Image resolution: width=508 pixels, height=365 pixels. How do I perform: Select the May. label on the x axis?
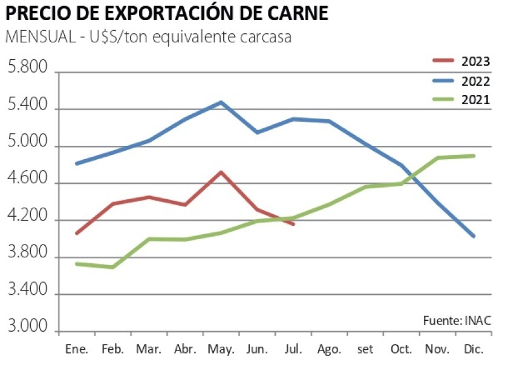[x=221, y=349]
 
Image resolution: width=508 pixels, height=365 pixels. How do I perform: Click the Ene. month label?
[x=76, y=349]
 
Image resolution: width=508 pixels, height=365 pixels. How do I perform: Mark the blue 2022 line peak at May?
[x=221, y=102]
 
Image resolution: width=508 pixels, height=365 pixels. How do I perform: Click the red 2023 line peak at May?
[x=221, y=172]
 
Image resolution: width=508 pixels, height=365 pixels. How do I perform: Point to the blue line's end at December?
[x=474, y=236]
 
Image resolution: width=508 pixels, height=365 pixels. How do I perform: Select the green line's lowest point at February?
[x=112, y=267]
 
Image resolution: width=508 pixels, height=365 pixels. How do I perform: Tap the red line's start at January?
[x=77, y=233]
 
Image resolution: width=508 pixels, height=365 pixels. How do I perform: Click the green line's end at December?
[x=474, y=156]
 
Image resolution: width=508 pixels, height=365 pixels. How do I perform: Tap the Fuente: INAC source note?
[x=457, y=320]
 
